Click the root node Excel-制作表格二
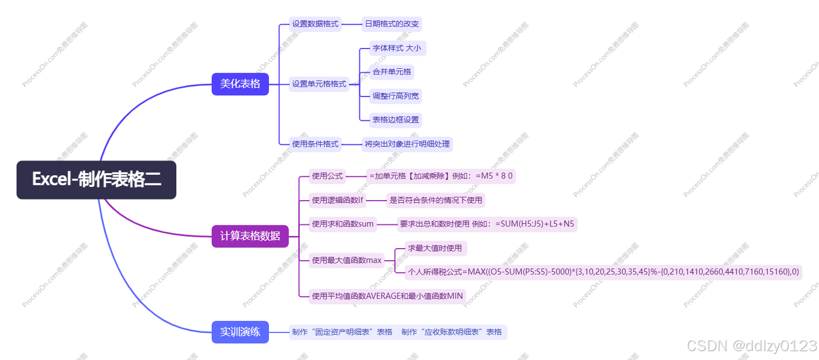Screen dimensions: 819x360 click(96, 180)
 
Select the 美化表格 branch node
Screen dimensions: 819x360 click(240, 84)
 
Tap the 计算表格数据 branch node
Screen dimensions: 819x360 click(250, 236)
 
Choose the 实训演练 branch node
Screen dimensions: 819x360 click(240, 332)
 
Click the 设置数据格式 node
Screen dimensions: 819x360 click(315, 24)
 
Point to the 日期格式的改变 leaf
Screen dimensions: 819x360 click(391, 24)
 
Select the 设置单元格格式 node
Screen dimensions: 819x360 click(319, 84)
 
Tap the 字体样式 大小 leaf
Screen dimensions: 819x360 click(397, 48)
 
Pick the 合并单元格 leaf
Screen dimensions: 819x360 click(391, 72)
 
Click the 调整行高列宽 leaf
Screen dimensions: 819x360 click(395, 96)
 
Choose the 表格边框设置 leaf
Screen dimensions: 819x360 click(395, 120)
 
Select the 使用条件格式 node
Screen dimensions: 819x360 click(315, 144)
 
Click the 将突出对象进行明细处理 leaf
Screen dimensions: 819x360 click(407, 144)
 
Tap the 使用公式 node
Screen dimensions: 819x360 click(327, 176)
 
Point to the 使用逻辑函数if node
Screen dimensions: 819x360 click(338, 200)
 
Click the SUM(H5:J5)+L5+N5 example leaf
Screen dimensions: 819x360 click(487, 224)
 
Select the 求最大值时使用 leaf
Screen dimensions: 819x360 click(435, 248)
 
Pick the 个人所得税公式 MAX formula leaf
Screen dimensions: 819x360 click(603, 272)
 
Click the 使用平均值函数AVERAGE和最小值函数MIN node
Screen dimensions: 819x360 click(387, 296)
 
